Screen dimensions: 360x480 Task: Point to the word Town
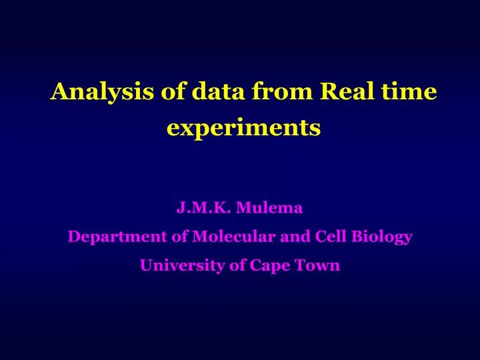[x=318, y=265]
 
